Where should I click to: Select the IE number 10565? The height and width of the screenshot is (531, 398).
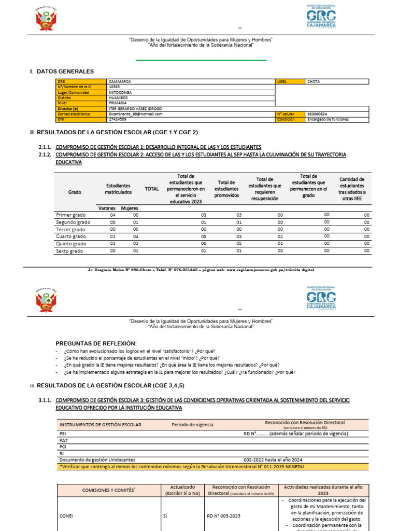point(115,87)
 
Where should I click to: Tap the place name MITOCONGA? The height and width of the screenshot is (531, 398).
point(120,92)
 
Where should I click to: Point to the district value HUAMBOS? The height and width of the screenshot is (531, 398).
point(118,97)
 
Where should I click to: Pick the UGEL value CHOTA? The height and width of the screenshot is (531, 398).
point(314,81)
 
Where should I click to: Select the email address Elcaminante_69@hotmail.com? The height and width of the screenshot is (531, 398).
point(136,114)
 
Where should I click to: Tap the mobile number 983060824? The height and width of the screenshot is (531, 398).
point(317,114)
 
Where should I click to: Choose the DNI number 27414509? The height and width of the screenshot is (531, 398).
point(117,119)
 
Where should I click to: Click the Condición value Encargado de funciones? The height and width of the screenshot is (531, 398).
point(328,119)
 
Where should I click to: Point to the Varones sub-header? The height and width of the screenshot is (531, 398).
point(107,208)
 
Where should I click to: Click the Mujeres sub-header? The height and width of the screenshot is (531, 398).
point(130,208)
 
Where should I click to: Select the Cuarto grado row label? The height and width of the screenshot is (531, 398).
point(71,236)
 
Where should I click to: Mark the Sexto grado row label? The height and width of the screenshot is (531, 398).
point(70,251)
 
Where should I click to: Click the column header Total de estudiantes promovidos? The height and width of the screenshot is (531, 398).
point(226,189)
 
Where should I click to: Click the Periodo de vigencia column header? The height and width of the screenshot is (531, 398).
point(192,425)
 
